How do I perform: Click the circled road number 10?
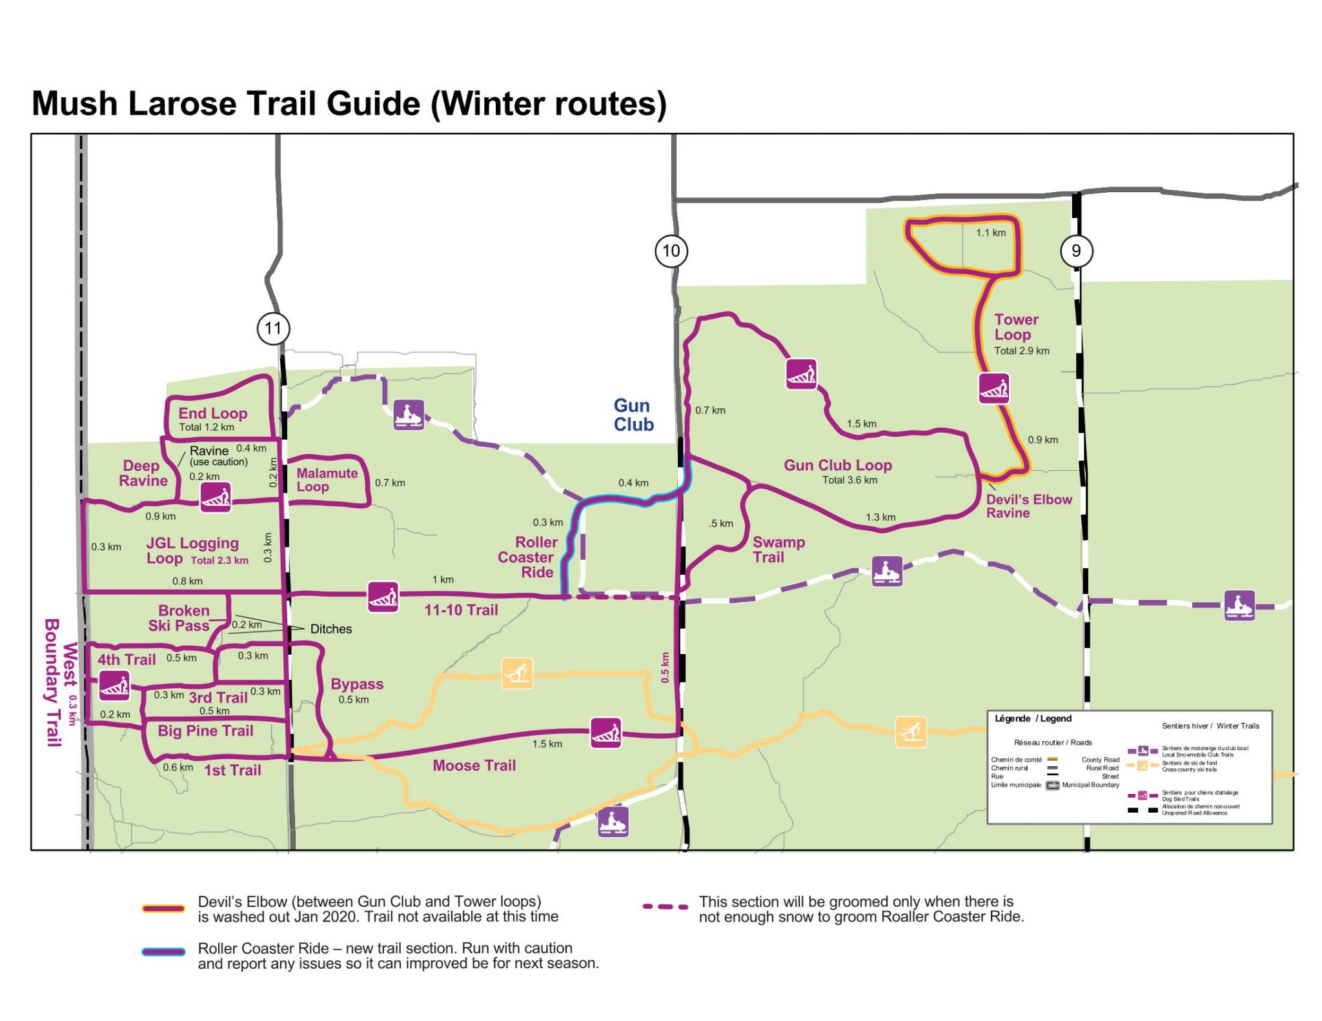click(x=671, y=251)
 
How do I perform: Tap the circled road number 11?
click(x=273, y=328)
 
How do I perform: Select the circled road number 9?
click(x=1076, y=251)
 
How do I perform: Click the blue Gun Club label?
click(x=633, y=415)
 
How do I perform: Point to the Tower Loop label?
click(x=1015, y=327)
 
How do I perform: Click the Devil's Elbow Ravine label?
click(x=1028, y=506)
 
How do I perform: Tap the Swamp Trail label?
click(x=778, y=550)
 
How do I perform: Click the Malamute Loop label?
click(x=326, y=480)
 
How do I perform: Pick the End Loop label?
click(x=212, y=413)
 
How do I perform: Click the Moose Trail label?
click(x=474, y=766)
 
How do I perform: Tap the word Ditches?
click(x=330, y=629)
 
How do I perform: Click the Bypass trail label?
click(x=357, y=684)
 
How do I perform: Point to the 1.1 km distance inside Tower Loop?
click(x=990, y=233)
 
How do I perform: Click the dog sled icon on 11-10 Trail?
click(x=383, y=597)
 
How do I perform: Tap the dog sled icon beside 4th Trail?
click(x=114, y=685)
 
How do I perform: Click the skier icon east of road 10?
click(x=911, y=732)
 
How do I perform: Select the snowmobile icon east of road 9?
click(x=1239, y=606)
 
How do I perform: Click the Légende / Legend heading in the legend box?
click(x=1032, y=719)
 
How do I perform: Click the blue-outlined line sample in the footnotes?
click(x=164, y=951)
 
